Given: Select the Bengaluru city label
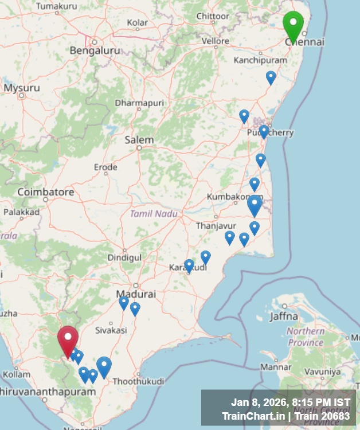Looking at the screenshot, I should [95, 50].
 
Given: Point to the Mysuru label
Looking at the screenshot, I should [22, 88].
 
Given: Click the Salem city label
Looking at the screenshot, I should [139, 140].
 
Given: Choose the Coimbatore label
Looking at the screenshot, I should [46, 192].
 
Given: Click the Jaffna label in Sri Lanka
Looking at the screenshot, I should [284, 316].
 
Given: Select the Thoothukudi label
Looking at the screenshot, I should [138, 381].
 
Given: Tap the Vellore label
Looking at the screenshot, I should [216, 41].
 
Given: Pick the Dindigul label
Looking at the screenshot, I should [124, 258].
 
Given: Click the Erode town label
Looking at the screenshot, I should [105, 167].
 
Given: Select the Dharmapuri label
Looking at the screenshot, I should [139, 103].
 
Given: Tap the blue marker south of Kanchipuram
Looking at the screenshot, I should [271, 77].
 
